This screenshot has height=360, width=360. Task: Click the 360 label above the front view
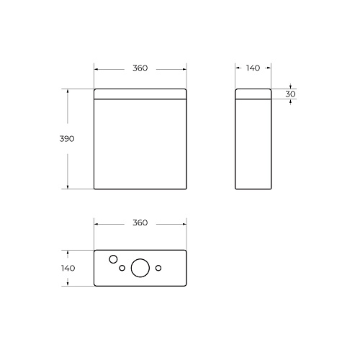coord(140,68)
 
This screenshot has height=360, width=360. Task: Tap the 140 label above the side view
coord(253,68)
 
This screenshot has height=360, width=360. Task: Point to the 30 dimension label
coord(291,94)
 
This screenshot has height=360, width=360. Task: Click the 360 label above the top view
coord(140,223)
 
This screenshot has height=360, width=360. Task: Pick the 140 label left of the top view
coord(68,268)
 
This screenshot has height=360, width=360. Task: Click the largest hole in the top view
coord(141,268)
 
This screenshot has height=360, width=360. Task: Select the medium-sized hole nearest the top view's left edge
coord(112,259)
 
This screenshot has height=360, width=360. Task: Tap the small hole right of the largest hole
coord(159,269)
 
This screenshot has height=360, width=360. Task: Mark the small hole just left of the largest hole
coord(122,269)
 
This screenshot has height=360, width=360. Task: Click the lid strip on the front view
coord(140,94)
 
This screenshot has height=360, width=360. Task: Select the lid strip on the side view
coord(253,94)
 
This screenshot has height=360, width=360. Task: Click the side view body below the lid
coord(253,144)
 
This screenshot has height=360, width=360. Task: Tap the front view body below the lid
coord(140,144)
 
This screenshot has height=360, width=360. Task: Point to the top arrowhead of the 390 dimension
coord(68,91)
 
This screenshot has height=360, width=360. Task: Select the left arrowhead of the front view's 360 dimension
coord(96,68)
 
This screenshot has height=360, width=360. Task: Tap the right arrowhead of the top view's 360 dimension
coord(184,223)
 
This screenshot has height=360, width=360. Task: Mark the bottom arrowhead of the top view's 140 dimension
coord(68,283)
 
